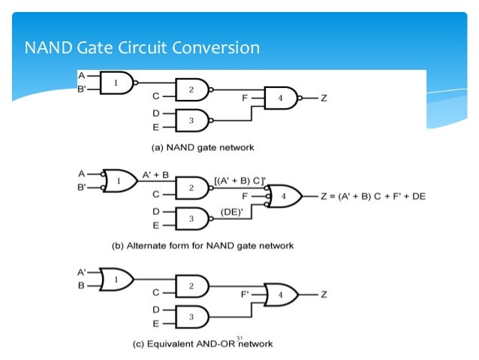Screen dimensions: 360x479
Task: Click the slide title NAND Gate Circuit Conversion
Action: (x=142, y=49)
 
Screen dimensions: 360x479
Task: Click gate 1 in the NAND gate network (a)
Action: (x=117, y=83)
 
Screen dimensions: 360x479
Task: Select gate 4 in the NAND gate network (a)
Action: (x=280, y=98)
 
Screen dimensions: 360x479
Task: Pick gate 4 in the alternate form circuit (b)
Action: (x=282, y=196)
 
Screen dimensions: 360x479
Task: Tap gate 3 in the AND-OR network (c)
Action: (x=191, y=316)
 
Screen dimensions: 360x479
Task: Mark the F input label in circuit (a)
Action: (x=246, y=97)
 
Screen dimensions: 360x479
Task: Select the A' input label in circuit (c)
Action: (x=81, y=273)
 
